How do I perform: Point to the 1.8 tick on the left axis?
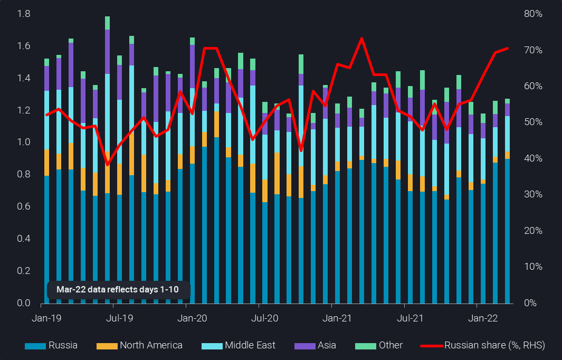tap(24, 14)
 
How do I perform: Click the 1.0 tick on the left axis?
tap(24, 143)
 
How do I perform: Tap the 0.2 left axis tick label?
tap(24, 271)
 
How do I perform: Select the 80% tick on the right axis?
tap(532, 14)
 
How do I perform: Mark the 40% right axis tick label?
tap(532, 159)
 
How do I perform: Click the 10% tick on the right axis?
tap(532, 267)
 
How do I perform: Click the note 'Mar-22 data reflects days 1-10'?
tap(119, 290)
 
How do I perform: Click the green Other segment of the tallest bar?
tap(107, 23)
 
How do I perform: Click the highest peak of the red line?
tap(361, 38)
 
